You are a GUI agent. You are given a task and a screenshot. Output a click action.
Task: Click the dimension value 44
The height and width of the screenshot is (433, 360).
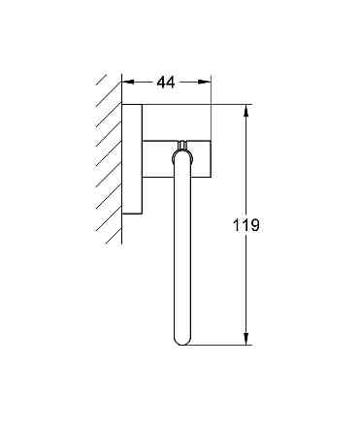click(165, 83)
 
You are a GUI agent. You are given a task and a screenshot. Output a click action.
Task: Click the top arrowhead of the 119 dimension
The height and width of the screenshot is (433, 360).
click(246, 109)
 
